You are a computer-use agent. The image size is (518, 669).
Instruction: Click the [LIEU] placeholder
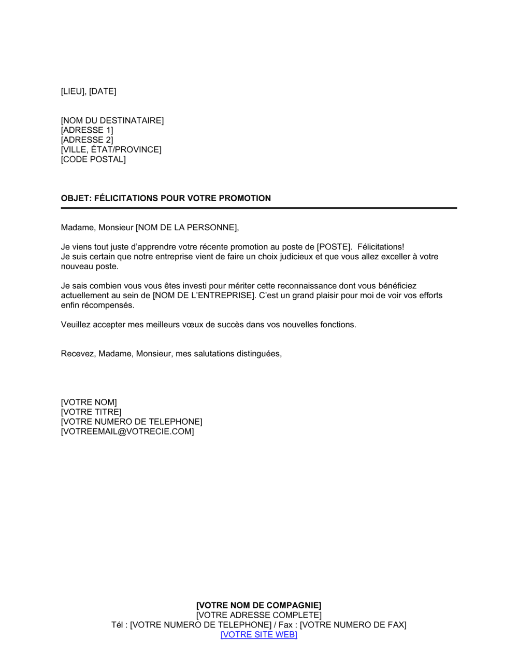click(73, 91)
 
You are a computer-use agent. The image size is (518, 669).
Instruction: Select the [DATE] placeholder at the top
click(103, 91)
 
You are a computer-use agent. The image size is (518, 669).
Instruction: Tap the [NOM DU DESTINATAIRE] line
click(112, 120)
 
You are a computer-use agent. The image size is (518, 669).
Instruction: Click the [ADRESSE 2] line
click(87, 140)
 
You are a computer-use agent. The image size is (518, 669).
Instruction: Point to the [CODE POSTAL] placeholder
click(93, 159)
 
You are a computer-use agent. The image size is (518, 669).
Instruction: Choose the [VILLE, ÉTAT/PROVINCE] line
click(111, 150)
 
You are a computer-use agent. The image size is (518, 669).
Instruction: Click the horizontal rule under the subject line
click(258, 208)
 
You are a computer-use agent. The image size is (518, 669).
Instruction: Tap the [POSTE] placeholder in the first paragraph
click(334, 247)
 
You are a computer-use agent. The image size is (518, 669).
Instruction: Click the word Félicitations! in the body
click(381, 247)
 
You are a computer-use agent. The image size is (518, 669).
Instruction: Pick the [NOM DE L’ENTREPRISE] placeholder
click(204, 296)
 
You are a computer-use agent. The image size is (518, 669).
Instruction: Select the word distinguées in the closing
click(258, 354)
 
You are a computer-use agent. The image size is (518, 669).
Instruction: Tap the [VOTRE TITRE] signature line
click(91, 412)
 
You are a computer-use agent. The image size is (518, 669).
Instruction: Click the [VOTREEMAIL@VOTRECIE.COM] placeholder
click(127, 431)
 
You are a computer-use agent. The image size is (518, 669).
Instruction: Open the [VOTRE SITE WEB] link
click(258, 635)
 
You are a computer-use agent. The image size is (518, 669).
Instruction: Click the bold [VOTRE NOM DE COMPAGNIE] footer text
click(258, 605)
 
